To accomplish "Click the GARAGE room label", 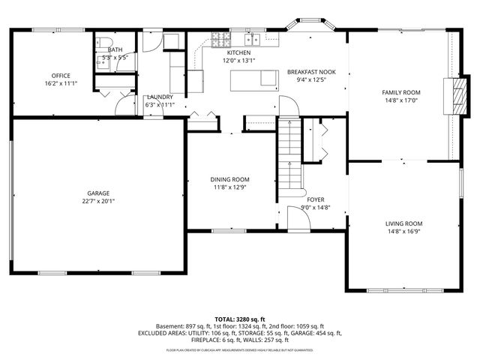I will pos(97,192).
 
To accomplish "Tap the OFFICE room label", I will pos(61,76).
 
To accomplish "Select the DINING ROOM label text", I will pos(229,179).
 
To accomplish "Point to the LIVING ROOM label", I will pos(403,223).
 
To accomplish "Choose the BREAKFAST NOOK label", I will pos(311,72).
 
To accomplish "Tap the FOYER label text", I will pos(316,199).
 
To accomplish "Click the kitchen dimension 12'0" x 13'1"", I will pos(239,61).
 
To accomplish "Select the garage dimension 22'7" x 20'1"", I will pos(97,200).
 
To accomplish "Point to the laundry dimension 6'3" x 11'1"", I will pos(159,105).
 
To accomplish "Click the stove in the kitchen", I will pos(221,38).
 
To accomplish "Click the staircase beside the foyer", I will pos(289,154).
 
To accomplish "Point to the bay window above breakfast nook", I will pos(307,28).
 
